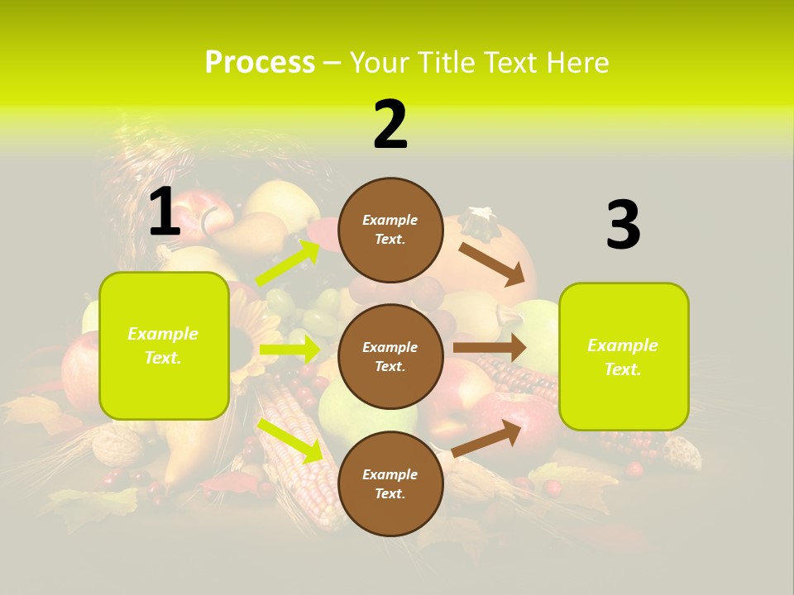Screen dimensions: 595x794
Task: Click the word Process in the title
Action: [260, 63]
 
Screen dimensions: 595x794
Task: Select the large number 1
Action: [165, 212]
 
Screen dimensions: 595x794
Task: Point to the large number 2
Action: [390, 125]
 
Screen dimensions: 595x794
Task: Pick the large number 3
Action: [623, 226]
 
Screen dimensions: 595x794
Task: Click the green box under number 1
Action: [164, 345]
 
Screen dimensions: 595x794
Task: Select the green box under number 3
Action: [623, 356]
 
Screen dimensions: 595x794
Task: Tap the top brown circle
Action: [390, 230]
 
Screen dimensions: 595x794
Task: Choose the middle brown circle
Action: [390, 356]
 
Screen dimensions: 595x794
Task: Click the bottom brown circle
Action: [390, 483]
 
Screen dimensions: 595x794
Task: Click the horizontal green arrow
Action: [289, 350]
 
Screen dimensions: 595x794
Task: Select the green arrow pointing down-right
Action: [290, 440]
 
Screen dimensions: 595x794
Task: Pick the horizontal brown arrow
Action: [490, 347]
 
